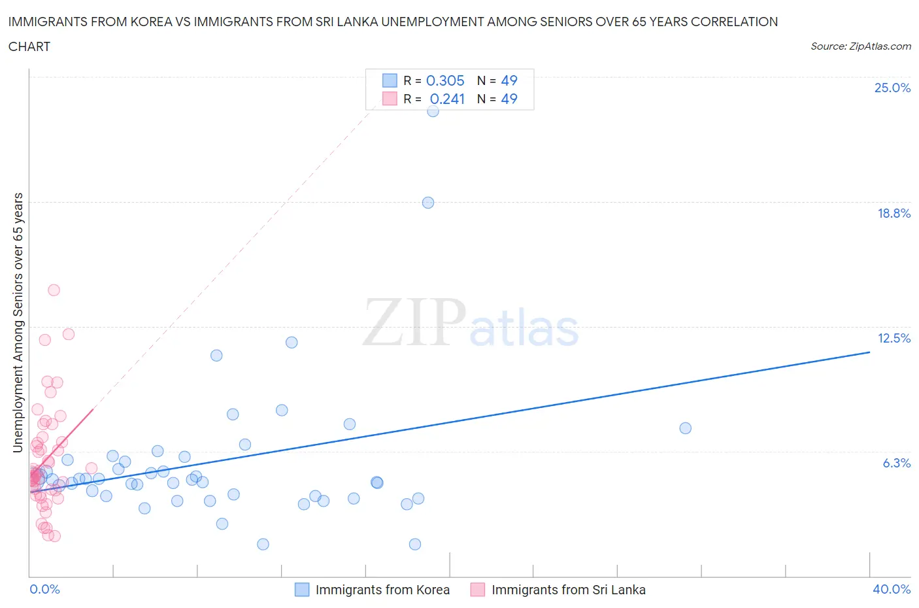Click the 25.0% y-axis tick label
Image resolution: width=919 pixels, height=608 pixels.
click(x=892, y=88)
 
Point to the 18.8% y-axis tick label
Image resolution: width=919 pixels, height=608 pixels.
click(x=894, y=213)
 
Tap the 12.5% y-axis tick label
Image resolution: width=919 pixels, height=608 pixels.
click(x=894, y=338)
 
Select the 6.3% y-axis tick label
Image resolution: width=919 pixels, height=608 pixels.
click(x=896, y=463)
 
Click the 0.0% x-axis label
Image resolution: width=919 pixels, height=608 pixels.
click(x=44, y=589)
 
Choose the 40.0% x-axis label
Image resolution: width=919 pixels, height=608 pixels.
click(x=892, y=589)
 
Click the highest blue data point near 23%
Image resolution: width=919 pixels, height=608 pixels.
click(x=433, y=111)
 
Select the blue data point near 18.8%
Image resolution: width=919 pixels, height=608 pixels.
click(x=428, y=203)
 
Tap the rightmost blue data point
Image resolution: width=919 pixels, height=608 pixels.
click(x=685, y=428)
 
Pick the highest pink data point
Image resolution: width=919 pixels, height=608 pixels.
click(x=54, y=290)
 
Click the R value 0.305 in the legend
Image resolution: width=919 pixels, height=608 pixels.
click(x=445, y=80)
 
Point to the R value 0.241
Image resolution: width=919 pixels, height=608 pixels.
click(x=447, y=99)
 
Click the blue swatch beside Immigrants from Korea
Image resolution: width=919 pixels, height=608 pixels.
click(x=301, y=590)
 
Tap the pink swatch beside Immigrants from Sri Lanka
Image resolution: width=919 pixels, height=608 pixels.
click(x=478, y=590)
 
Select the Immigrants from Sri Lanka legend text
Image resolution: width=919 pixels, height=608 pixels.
click(x=568, y=590)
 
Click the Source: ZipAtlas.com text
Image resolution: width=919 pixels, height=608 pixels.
click(x=860, y=46)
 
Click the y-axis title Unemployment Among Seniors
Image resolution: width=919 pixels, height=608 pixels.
click(x=18, y=322)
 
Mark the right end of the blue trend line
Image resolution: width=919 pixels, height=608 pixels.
click(x=869, y=352)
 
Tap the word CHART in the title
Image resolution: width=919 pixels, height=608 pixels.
click(x=29, y=46)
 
